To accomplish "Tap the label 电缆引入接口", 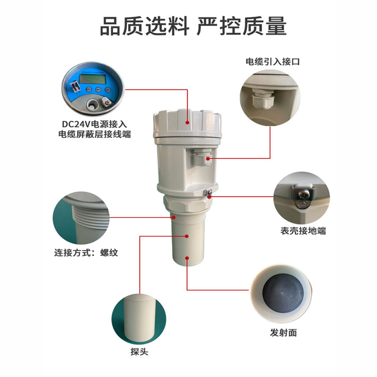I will tap(272, 61).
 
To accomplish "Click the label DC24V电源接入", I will tap(94, 124).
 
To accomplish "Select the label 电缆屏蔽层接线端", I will tap(94, 134).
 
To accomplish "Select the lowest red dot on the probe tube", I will tap(188, 257).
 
